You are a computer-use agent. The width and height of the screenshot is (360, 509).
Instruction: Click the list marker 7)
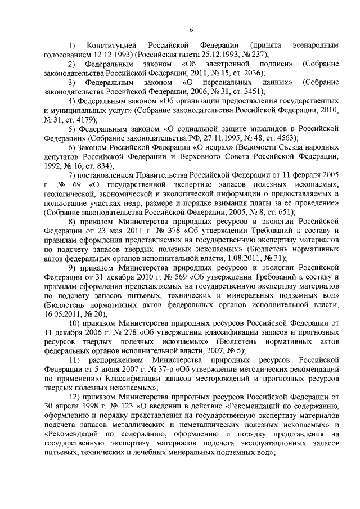tap(73, 175)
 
